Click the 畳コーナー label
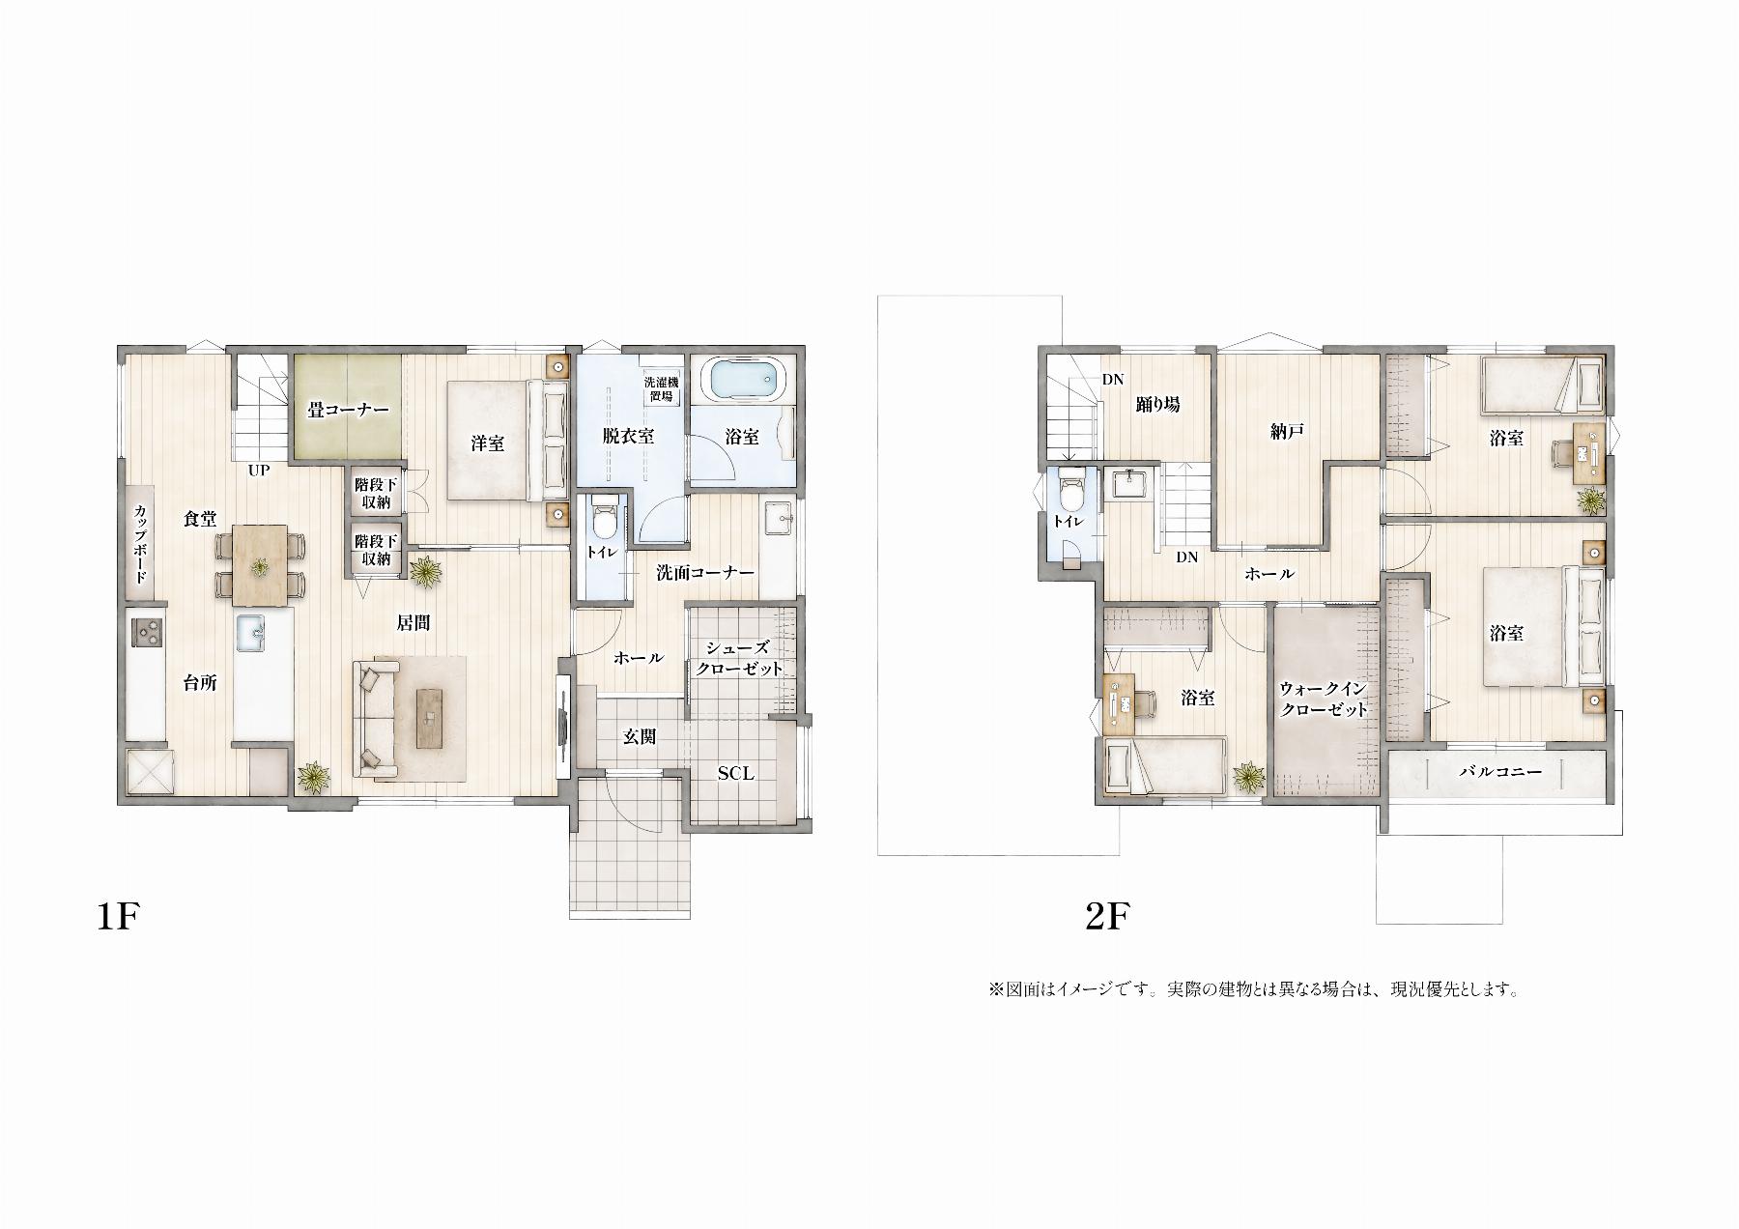click(348, 410)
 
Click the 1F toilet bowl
click(604, 521)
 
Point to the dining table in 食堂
click(260, 563)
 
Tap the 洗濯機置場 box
click(663, 388)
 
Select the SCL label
click(735, 773)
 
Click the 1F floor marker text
click(120, 915)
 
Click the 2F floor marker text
click(1107, 915)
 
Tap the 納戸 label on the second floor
click(1288, 432)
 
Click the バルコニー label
click(1499, 772)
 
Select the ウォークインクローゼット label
click(1324, 699)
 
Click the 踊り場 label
click(1157, 405)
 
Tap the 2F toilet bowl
click(1069, 492)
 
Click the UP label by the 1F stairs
click(259, 471)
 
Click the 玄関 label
click(640, 737)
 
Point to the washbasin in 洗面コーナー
click(778, 518)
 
